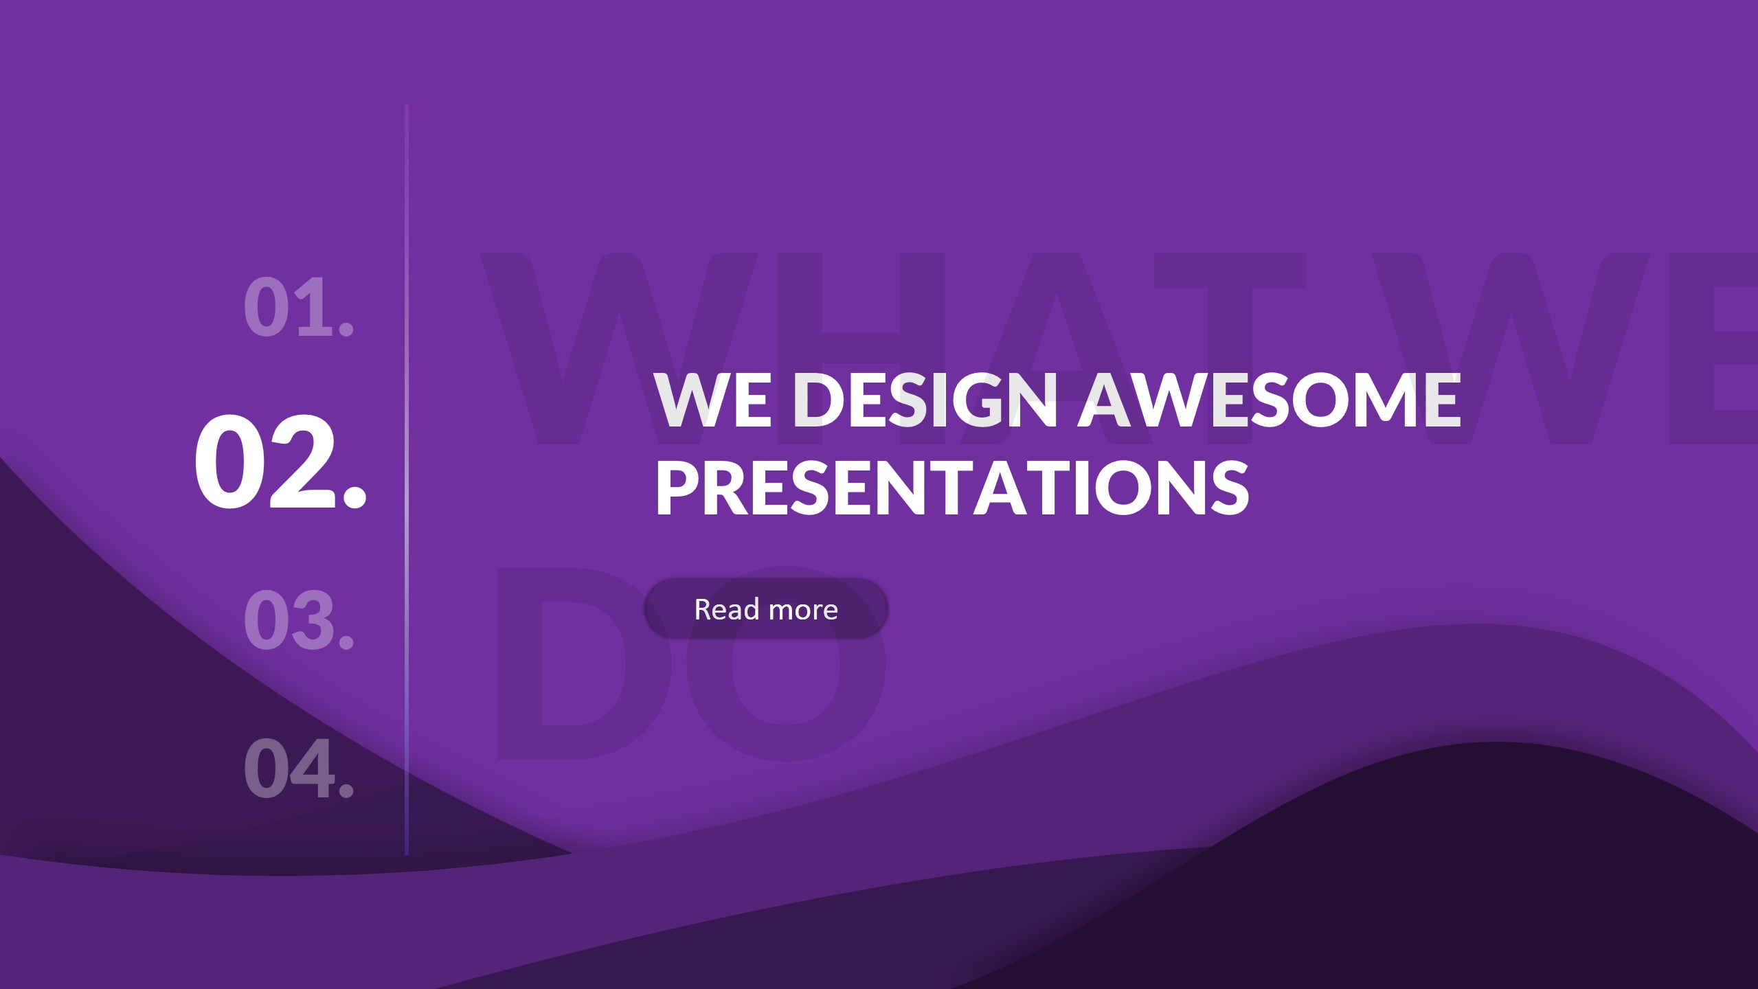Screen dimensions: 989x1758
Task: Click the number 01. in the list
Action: pyautogui.click(x=299, y=306)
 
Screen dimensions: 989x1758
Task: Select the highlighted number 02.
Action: pyautogui.click(x=280, y=462)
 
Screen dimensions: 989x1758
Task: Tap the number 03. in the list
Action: pyautogui.click(x=299, y=619)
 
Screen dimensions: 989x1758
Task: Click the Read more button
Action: pyautogui.click(x=765, y=609)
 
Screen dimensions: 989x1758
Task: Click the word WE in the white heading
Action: pyautogui.click(x=712, y=400)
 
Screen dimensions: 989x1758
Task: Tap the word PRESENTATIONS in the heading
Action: pyautogui.click(x=952, y=488)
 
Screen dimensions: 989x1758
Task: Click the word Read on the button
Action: pyautogui.click(x=726, y=609)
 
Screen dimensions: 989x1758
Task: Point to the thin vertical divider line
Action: pyautogui.click(x=407, y=481)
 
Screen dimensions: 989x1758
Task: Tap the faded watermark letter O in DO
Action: pyautogui.click(x=787, y=663)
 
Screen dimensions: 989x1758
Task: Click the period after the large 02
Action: pyautogui.click(x=354, y=494)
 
